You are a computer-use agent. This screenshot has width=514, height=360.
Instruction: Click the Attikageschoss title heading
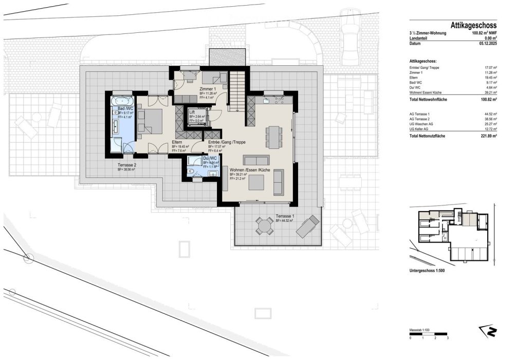tap(473, 25)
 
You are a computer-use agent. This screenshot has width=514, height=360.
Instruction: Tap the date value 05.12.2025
tap(486, 44)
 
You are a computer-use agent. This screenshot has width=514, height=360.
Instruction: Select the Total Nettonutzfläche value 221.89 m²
tap(486, 136)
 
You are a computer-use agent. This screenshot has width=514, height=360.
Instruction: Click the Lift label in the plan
tap(192, 112)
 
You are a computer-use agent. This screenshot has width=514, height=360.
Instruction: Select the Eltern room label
tap(177, 143)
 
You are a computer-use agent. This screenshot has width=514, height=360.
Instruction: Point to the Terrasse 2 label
tap(126, 165)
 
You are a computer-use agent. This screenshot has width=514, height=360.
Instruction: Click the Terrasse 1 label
tap(285, 216)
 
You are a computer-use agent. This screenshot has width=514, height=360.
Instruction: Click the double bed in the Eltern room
tap(151, 119)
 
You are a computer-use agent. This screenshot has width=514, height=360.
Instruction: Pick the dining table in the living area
tap(273, 136)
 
